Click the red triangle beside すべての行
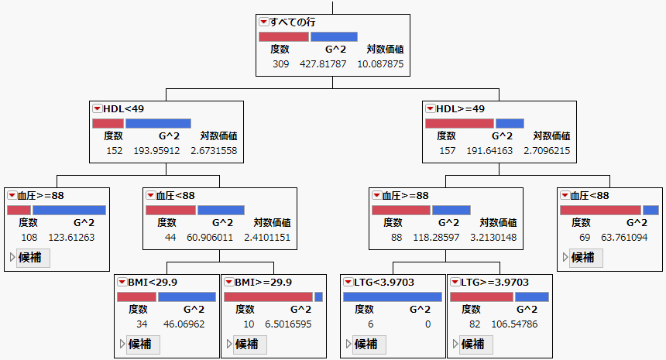(264, 22)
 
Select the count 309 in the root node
(280, 63)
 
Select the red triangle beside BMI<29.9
(122, 283)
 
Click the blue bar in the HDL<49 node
(158, 123)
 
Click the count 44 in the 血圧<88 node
(170, 237)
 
